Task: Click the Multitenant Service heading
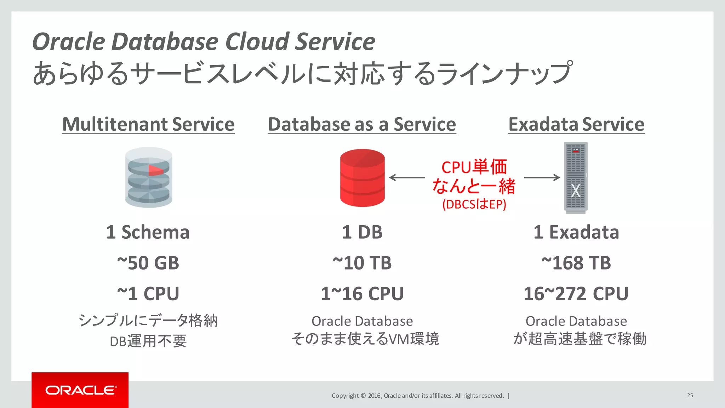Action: pyautogui.click(x=148, y=124)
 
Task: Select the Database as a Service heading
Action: pyautogui.click(x=362, y=124)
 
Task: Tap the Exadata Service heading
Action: pyautogui.click(x=576, y=124)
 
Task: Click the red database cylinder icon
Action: pyautogui.click(x=362, y=178)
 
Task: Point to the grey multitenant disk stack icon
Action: pyautogui.click(x=149, y=177)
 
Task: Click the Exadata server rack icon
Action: pyautogui.click(x=576, y=177)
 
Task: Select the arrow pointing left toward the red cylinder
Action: pyautogui.click(x=407, y=177)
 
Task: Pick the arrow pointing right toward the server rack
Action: pyautogui.click(x=542, y=177)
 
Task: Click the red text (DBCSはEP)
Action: pyautogui.click(x=474, y=204)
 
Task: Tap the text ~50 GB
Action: pyautogui.click(x=148, y=263)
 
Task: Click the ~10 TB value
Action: pyautogui.click(x=362, y=263)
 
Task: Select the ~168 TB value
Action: pyautogui.click(x=576, y=263)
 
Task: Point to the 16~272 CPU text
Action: pyautogui.click(x=576, y=294)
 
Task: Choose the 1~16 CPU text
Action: pyautogui.click(x=362, y=294)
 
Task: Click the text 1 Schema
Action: pyautogui.click(x=148, y=232)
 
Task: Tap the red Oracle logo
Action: pyautogui.click(x=80, y=390)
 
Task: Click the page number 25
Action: pyautogui.click(x=690, y=395)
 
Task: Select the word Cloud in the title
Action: pyautogui.click(x=257, y=41)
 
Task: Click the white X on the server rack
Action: pyautogui.click(x=576, y=191)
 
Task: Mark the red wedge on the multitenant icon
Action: pyautogui.click(x=155, y=170)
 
